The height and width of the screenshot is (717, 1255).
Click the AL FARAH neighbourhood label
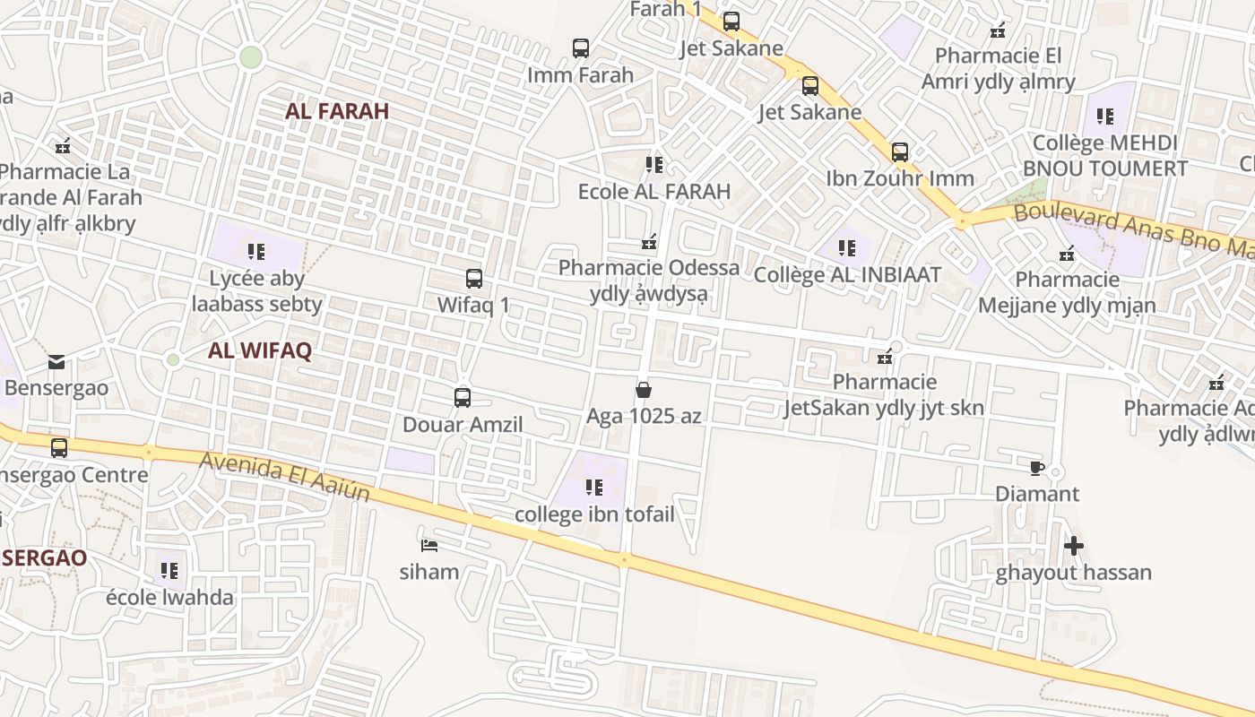click(337, 111)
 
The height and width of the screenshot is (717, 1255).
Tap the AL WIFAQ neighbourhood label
click(260, 350)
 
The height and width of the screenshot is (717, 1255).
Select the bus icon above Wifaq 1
click(474, 279)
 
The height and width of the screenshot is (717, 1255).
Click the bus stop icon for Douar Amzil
click(463, 398)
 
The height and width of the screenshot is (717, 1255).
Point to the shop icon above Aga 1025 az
click(643, 390)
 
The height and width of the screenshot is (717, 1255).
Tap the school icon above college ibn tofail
click(593, 488)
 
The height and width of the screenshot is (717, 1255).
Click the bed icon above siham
click(429, 545)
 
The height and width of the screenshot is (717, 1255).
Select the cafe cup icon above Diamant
click(1036, 468)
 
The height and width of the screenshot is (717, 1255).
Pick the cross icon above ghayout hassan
click(1073, 546)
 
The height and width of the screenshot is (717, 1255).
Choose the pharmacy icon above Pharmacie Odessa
click(650, 242)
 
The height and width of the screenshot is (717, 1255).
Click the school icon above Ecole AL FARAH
click(654, 165)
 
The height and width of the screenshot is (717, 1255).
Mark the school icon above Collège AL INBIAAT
click(847, 248)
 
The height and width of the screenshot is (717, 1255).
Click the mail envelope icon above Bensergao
click(56, 362)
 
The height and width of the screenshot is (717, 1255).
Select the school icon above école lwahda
click(169, 570)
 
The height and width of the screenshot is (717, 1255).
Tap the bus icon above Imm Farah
click(581, 48)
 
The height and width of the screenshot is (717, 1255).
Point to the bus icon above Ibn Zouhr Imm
click(900, 152)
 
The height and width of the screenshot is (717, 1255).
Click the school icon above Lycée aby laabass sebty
click(256, 252)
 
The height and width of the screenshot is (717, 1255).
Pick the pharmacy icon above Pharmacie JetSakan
click(885, 357)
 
